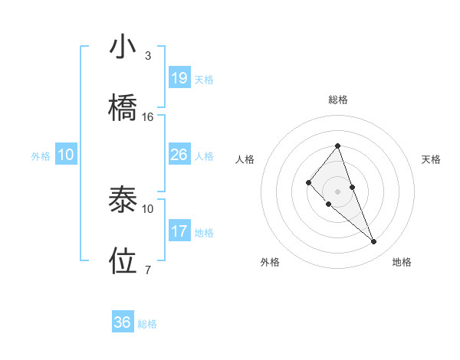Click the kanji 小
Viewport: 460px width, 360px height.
pos(123,47)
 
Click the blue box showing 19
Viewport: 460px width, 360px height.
pos(179,77)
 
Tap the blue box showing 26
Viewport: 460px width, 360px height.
pos(179,155)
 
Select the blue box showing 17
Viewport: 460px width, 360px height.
pos(179,231)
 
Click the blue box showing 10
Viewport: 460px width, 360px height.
pos(66,155)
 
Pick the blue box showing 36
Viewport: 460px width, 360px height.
pos(123,322)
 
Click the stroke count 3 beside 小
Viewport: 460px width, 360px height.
pos(148,57)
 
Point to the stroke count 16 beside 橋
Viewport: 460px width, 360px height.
pos(148,117)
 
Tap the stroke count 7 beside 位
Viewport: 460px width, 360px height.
pos(148,270)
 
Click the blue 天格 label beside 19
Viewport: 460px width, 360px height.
pos(204,79)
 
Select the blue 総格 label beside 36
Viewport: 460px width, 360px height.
pos(147,324)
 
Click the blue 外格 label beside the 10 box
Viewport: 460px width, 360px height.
pos(41,156)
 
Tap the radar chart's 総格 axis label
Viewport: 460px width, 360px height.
pos(337,100)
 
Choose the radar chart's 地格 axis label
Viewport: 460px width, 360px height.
pos(402,262)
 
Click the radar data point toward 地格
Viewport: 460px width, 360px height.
pos(374,242)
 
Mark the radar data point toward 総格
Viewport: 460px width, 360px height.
pos(337,146)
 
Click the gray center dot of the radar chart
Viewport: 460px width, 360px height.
pos(337,191)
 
